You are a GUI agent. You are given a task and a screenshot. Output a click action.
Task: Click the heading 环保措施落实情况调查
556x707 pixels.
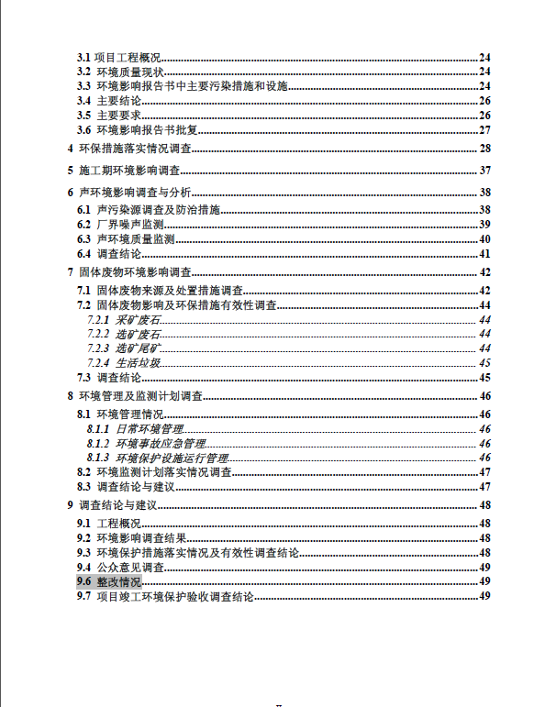pos(134,149)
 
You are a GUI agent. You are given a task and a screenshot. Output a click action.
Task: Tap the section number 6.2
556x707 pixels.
pos(83,224)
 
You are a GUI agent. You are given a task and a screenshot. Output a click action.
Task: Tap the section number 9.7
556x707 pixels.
pos(83,596)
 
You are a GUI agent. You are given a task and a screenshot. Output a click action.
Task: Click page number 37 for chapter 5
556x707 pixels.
pos(485,171)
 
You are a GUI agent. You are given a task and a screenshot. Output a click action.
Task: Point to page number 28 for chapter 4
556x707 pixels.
pos(485,149)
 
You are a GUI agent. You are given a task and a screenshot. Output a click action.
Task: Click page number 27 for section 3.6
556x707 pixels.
pos(485,129)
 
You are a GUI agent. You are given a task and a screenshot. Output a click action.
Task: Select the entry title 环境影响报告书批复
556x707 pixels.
pos(147,129)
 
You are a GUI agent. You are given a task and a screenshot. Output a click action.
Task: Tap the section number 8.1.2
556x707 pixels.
pos(99,443)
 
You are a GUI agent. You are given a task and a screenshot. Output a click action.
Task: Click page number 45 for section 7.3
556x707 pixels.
pos(485,377)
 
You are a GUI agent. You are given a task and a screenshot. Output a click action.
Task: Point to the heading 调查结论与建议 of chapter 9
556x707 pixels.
pos(120,504)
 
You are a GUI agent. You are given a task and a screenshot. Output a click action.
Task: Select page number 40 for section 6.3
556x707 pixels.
pos(485,238)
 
